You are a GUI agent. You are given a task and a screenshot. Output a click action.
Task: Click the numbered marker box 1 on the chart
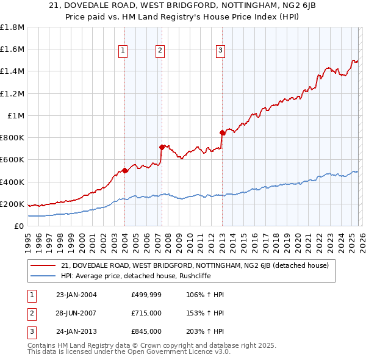click(x=123, y=51)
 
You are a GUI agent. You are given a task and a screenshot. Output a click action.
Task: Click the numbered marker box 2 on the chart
click(x=160, y=51)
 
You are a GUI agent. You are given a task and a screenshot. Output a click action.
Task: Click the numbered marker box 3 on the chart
click(x=220, y=51)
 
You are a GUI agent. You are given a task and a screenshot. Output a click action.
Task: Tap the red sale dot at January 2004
click(x=124, y=170)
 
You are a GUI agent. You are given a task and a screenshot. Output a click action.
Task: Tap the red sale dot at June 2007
click(x=162, y=146)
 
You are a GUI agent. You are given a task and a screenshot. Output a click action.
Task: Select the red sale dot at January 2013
click(x=222, y=132)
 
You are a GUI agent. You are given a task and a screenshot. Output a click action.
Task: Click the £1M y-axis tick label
click(x=15, y=115)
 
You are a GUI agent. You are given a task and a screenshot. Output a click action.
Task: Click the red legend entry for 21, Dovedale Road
click(x=195, y=265)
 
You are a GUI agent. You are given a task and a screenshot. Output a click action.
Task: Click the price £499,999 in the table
click(x=146, y=295)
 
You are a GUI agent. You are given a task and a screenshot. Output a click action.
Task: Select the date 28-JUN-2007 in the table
click(x=76, y=313)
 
